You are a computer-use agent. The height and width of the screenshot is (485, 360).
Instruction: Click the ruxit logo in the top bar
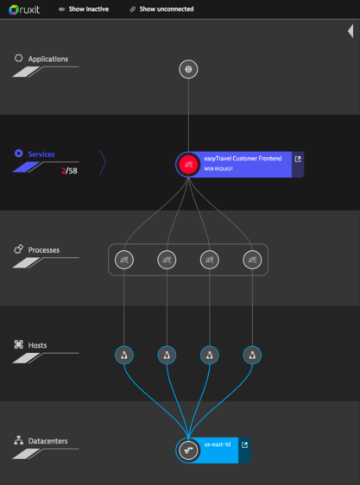coord(24,9)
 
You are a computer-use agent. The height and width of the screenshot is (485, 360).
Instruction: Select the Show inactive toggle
coord(84,9)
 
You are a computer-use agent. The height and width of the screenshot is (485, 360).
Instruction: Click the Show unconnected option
coord(161,9)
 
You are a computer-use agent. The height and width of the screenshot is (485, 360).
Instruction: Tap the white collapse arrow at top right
coord(351,31)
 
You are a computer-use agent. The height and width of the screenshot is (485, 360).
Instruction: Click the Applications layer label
coord(48,59)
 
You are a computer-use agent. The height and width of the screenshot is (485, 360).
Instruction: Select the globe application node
coord(188,69)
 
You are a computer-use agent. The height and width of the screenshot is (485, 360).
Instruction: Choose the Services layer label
coord(41,154)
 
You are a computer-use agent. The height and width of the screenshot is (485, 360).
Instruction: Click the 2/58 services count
coord(69,171)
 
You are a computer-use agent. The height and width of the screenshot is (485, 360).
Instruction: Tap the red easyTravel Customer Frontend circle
coord(188,165)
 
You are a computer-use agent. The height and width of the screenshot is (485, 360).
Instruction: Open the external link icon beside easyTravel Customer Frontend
coord(298,159)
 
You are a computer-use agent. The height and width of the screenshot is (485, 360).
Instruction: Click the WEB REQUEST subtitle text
coord(218,169)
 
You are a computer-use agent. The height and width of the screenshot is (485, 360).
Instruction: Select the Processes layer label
coord(44,250)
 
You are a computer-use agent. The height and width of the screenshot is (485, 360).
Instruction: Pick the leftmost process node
coord(124,260)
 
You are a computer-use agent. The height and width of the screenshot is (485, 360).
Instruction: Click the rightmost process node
coord(252,260)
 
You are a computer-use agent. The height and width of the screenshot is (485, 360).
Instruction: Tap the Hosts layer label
coord(37,345)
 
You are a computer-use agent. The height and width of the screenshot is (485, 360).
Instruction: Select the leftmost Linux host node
coord(124,355)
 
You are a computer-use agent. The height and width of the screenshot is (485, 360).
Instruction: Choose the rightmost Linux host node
coord(252,355)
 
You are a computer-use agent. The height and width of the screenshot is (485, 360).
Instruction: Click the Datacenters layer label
coord(47,441)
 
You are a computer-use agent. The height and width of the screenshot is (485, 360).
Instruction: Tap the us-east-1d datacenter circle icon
coord(188,450)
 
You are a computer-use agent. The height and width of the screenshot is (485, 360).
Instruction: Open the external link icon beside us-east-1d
coord(244,444)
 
